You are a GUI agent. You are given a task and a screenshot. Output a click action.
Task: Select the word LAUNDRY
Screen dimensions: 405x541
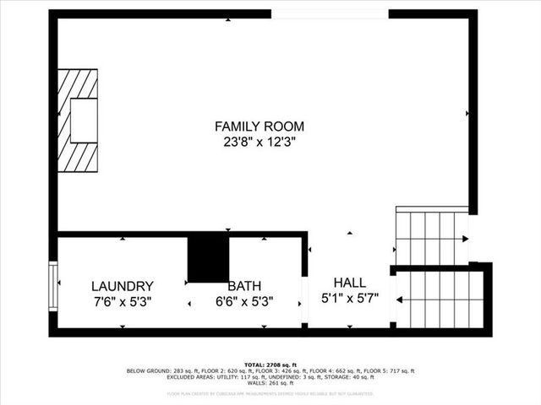[x=122, y=286]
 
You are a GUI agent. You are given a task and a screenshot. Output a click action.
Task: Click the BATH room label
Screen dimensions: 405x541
[x=244, y=286]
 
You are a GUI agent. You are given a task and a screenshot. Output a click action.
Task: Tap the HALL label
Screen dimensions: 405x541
[x=349, y=283]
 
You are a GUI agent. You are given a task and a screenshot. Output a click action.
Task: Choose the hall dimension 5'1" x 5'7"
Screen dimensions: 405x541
[x=349, y=298]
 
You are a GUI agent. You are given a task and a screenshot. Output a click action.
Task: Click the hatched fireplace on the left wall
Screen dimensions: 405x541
[x=78, y=120]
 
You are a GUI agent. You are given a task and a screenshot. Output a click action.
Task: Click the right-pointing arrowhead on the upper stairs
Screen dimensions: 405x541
[x=466, y=239]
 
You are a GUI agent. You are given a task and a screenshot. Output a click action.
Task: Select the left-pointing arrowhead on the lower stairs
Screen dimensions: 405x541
[x=400, y=299]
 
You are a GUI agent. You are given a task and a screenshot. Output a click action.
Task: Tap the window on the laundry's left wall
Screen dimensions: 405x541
[x=53, y=287]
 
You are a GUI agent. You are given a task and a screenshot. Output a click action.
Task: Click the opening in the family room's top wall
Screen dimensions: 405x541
[x=330, y=13]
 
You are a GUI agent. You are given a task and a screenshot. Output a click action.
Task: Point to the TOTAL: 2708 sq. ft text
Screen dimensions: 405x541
[x=270, y=364]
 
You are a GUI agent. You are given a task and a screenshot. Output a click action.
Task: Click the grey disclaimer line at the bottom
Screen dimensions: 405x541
[x=270, y=393]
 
